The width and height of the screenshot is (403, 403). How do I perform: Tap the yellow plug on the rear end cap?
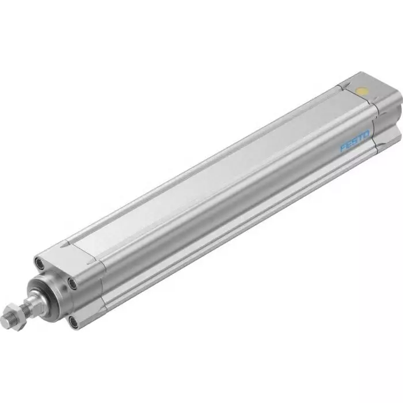362,90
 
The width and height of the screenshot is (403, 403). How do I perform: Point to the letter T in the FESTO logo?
360,134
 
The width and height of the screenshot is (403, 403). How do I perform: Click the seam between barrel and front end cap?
104,271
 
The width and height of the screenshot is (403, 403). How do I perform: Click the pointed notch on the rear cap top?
344,86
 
